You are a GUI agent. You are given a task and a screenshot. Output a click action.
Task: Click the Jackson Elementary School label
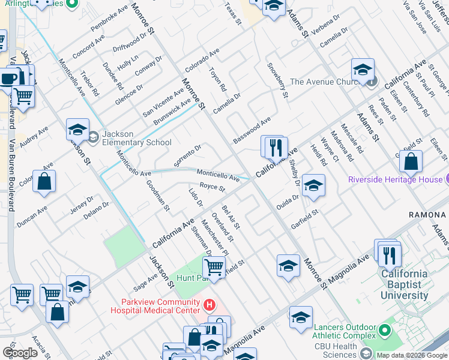pos(136,138)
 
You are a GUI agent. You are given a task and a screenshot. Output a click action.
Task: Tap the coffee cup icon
pos(8,78)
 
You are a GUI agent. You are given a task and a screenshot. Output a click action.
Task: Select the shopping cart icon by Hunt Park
pos(213,268)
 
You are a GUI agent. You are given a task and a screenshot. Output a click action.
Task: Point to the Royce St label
pos(212,188)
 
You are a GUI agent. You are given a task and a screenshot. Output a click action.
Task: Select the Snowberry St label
pos(277,80)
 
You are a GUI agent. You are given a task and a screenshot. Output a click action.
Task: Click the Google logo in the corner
pos(20,352)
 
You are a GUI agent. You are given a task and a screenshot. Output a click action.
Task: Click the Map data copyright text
pos(412,355)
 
